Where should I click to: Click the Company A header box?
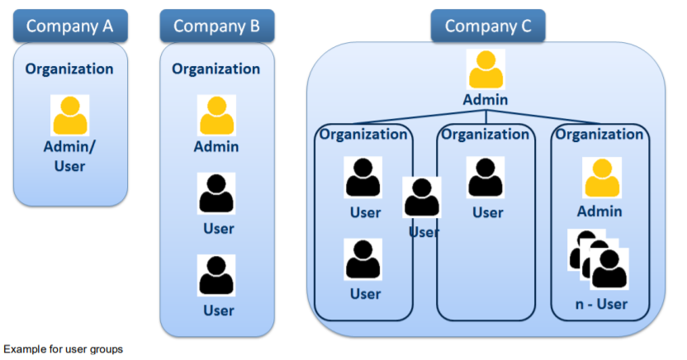(69, 26)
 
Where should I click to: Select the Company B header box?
(217, 26)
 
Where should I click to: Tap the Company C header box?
(487, 26)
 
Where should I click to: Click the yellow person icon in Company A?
(70, 115)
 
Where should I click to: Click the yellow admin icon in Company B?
(216, 115)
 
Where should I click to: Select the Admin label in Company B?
(216, 147)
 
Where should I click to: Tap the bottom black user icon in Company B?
(216, 275)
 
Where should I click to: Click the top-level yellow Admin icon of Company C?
(487, 70)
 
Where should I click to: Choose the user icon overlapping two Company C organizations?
(422, 198)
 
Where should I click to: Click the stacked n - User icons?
(599, 258)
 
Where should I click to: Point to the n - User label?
(600, 304)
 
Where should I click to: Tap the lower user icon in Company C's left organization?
(363, 259)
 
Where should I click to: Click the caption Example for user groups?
(64, 349)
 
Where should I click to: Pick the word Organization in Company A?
(69, 69)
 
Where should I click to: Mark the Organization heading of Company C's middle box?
(486, 134)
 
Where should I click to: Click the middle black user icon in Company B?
(216, 194)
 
